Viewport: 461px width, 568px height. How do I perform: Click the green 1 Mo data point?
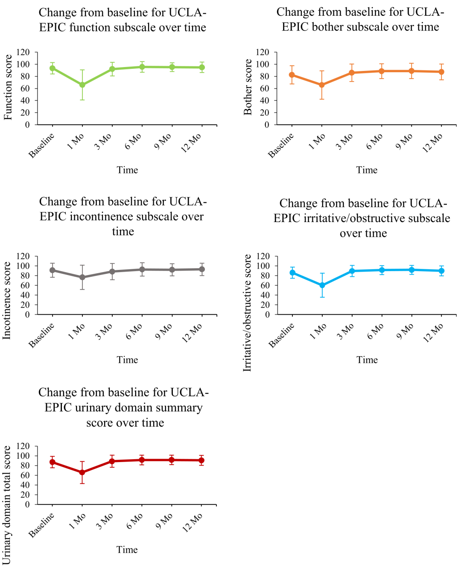pyautogui.click(x=82, y=85)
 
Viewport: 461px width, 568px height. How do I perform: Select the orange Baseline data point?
pyautogui.click(x=292, y=75)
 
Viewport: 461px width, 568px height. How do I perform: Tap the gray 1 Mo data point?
pyautogui.click(x=82, y=277)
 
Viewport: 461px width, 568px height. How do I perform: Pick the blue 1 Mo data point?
pyautogui.click(x=322, y=285)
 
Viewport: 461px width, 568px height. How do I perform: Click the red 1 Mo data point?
pyautogui.click(x=82, y=472)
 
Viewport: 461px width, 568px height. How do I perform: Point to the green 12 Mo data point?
pyautogui.click(x=202, y=67)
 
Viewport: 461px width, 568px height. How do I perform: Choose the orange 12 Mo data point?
pyautogui.click(x=441, y=72)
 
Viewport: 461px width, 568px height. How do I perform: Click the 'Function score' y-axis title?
pyautogui.click(x=8, y=87)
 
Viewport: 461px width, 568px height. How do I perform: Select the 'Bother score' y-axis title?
pyautogui.click(x=248, y=87)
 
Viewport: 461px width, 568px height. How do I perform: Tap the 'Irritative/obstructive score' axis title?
pyautogui.click(x=248, y=313)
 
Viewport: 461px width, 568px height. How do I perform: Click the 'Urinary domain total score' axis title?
pyautogui.click(x=7, y=505)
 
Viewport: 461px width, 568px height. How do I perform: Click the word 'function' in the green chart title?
pyautogui.click(x=90, y=27)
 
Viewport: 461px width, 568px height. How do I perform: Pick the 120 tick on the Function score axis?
pyautogui.click(x=23, y=52)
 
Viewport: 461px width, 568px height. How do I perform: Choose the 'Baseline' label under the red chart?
pyautogui.click(x=42, y=525)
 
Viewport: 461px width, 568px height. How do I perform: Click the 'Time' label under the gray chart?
pyautogui.click(x=127, y=360)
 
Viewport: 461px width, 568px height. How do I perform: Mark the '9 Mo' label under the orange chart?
pyautogui.click(x=404, y=141)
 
